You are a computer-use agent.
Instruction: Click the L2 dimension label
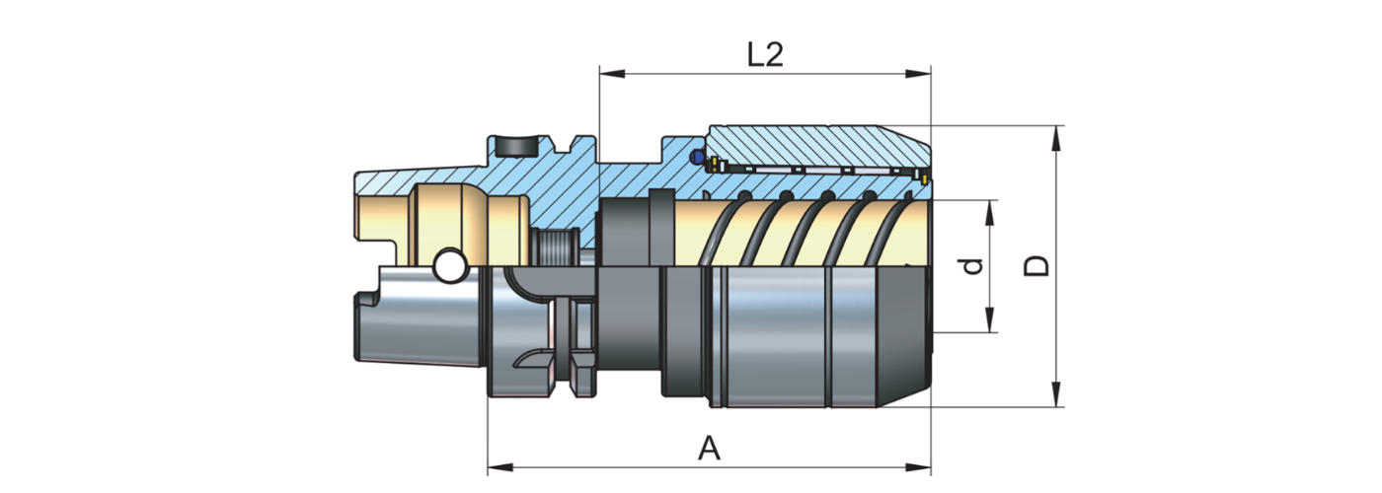point(764,54)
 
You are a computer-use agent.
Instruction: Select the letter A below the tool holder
point(709,450)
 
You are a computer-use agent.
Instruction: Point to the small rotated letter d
point(973,266)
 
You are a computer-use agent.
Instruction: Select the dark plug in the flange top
point(515,146)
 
